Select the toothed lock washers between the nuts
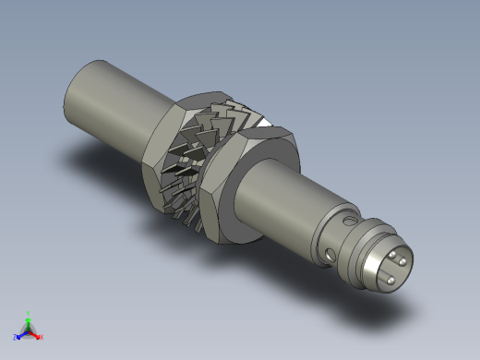(x=198, y=157)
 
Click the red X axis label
(x=42, y=337)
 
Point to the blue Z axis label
(x=16, y=337)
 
